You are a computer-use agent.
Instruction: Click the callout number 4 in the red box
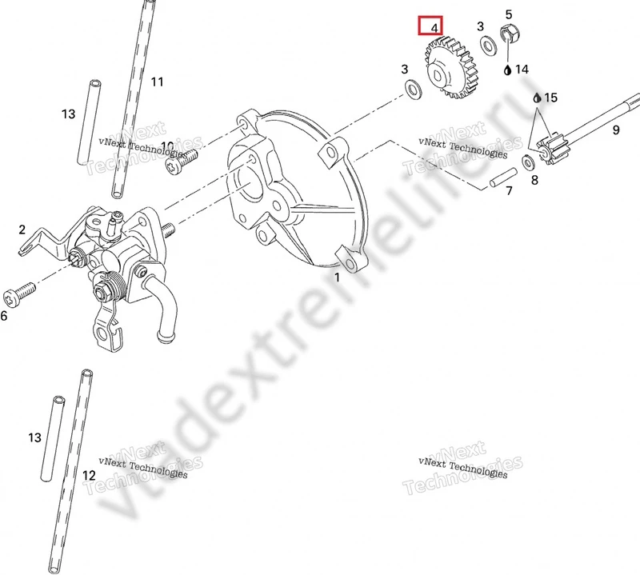tap(434, 27)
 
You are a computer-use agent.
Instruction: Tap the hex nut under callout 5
tap(509, 34)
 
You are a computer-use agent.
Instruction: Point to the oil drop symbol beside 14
tap(507, 70)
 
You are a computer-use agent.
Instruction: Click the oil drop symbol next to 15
tap(538, 98)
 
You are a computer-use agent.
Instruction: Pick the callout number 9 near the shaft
tap(616, 130)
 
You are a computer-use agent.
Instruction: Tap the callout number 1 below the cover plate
tap(337, 277)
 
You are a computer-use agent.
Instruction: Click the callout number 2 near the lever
tap(22, 230)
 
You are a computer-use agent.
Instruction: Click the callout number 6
tap(4, 316)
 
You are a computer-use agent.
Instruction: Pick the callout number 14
tap(522, 70)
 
